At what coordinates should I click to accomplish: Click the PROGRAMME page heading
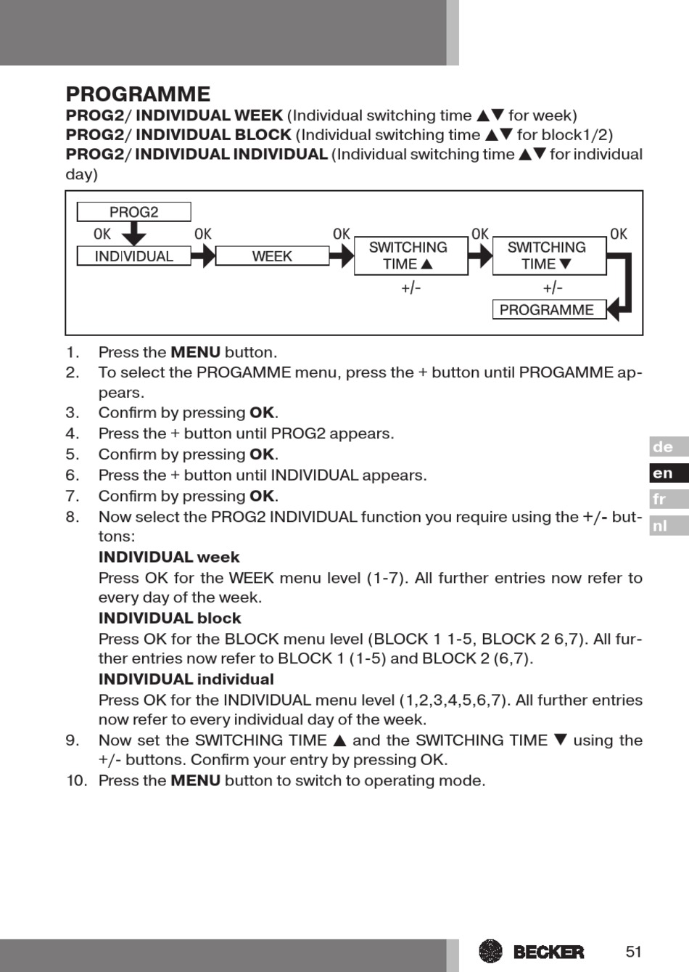tap(138, 94)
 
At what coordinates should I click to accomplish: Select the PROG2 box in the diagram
tap(133, 212)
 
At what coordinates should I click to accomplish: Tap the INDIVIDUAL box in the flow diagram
tap(133, 256)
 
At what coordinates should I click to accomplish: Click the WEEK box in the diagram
tap(272, 256)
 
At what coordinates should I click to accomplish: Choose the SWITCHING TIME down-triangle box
tap(549, 256)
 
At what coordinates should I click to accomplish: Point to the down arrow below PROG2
tap(133, 234)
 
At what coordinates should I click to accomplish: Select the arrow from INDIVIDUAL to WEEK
tap(204, 256)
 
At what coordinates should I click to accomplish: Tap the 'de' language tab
tap(668, 447)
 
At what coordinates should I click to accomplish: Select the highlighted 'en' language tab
tap(668, 473)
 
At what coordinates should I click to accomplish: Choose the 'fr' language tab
tap(668, 499)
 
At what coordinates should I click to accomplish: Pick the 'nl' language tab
tap(668, 526)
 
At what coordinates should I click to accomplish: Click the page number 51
tap(634, 952)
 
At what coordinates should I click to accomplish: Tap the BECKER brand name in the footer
tap(548, 952)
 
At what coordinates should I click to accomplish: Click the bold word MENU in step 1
tap(195, 353)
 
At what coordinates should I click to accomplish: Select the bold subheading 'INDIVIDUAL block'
tap(170, 618)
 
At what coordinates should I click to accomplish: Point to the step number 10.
tap(76, 781)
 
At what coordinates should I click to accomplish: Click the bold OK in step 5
tap(262, 454)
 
